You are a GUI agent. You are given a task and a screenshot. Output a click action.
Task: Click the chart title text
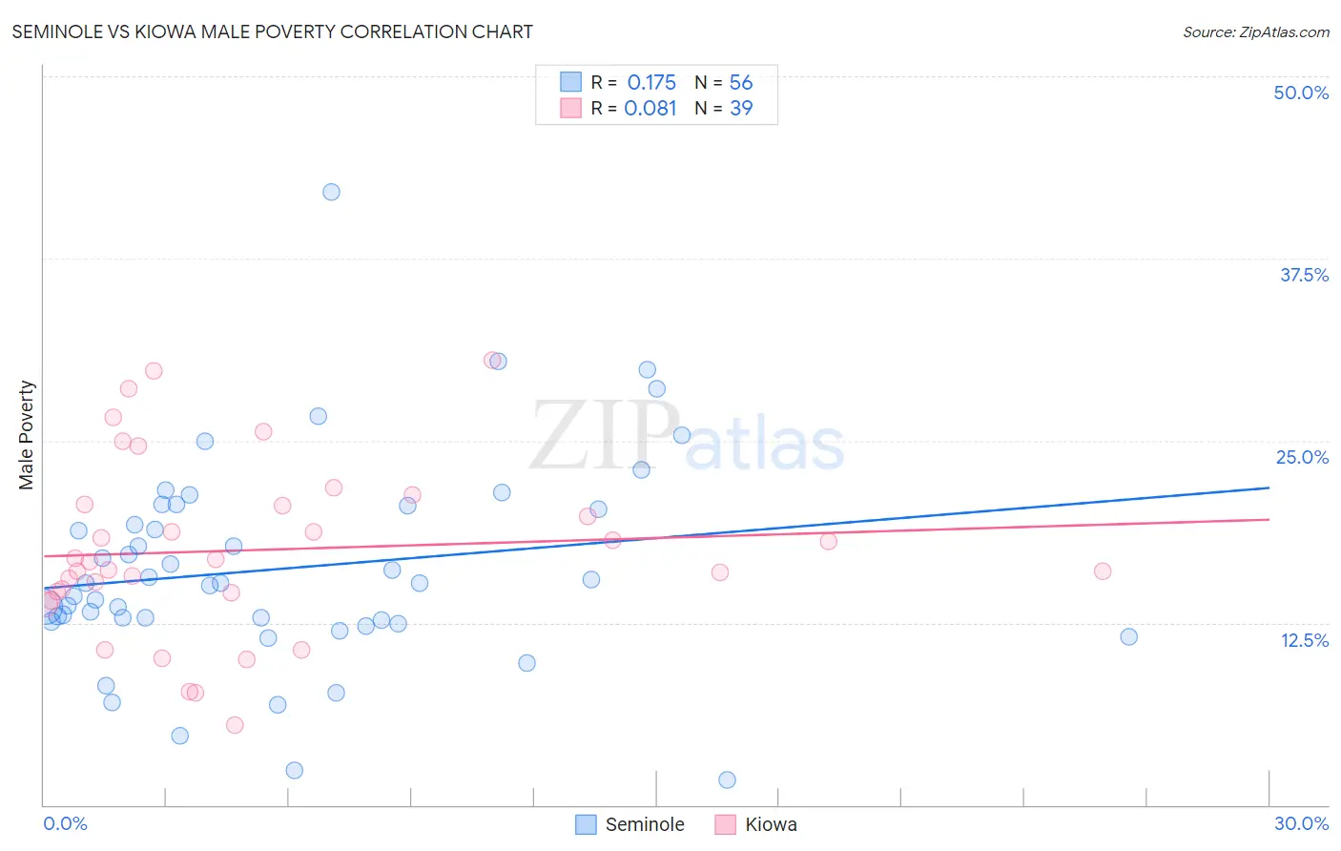coord(272,31)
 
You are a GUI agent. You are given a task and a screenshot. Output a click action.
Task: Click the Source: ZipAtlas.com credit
coord(1255,31)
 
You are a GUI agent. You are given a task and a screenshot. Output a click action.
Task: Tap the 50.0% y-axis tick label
coord(1301,93)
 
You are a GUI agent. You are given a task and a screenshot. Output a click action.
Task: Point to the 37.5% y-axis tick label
coord(1304,275)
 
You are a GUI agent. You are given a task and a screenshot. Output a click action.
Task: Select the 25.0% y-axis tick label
coord(1302,457)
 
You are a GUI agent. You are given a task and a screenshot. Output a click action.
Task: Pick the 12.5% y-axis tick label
coord(1304,640)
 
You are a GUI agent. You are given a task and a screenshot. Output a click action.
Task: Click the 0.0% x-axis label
coord(65,823)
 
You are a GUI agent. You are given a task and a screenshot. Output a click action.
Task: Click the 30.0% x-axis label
coord(1301,823)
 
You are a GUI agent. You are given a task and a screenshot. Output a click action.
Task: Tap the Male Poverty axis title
coord(26,435)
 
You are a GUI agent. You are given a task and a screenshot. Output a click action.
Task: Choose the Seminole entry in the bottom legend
coord(630,824)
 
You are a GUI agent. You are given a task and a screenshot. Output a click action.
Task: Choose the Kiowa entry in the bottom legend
coord(756,824)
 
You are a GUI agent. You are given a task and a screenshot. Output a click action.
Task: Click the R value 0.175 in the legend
coord(651,83)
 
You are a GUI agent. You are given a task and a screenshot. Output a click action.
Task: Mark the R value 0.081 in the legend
coord(650,109)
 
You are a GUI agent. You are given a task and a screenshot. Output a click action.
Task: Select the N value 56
coord(741,83)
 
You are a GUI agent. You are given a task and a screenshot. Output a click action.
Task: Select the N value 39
coord(741,109)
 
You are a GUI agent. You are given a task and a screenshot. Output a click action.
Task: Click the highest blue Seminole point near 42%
coord(331,192)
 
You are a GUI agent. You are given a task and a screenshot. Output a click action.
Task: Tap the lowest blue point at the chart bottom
coord(727,779)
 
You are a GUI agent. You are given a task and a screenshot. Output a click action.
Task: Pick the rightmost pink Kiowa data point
coord(1103,571)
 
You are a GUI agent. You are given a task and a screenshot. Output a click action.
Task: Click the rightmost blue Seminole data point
coord(1128,636)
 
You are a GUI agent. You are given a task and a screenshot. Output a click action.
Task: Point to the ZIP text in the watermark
coord(605,437)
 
